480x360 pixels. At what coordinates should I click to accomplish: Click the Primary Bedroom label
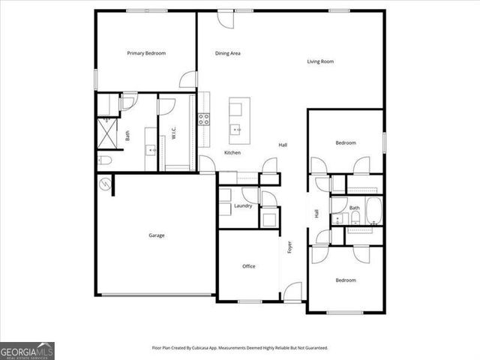(146, 53)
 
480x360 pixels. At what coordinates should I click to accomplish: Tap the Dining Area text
(227, 53)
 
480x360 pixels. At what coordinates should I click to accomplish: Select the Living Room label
(320, 61)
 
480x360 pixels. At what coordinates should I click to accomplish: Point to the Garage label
(156, 235)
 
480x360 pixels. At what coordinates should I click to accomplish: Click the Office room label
(249, 266)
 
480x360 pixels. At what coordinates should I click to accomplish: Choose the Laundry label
(242, 205)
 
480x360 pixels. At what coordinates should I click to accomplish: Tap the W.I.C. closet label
(173, 134)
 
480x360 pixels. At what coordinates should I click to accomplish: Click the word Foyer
(289, 247)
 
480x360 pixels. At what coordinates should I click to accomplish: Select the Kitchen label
(232, 153)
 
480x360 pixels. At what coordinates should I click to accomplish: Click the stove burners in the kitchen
(203, 118)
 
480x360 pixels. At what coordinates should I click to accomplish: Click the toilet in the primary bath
(104, 161)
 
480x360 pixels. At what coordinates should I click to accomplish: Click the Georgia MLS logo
(27, 350)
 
